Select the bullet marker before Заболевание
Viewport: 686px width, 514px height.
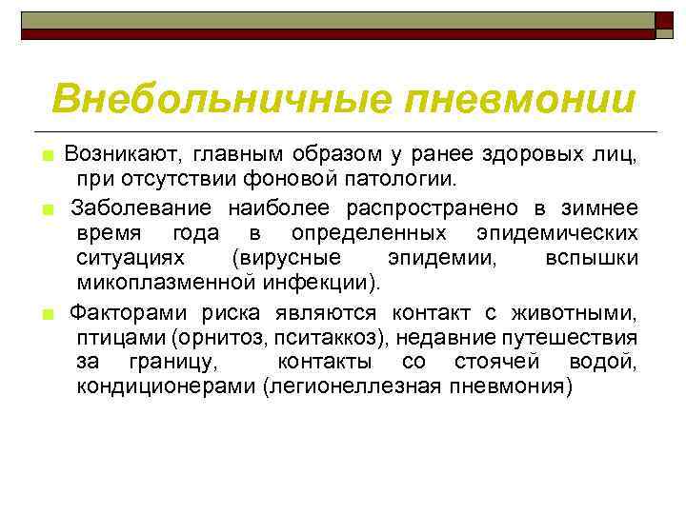pyautogui.click(x=45, y=208)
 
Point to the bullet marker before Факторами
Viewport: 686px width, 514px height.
pyautogui.click(x=45, y=312)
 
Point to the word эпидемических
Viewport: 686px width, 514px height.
pyautogui.click(x=556, y=233)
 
